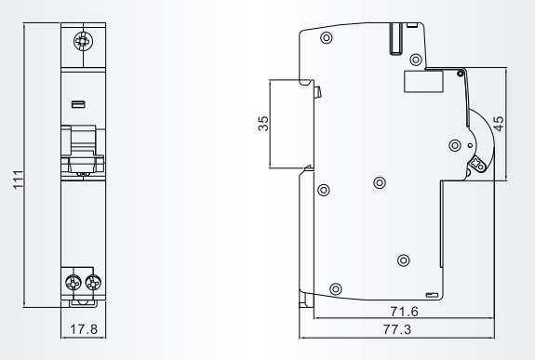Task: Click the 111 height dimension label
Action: [x=18, y=180]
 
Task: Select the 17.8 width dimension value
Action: [x=84, y=329]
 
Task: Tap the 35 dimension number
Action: [x=263, y=124]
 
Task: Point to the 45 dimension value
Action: [x=498, y=124]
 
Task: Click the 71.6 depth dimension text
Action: [x=404, y=312]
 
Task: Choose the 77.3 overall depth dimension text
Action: [x=396, y=329]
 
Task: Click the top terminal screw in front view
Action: [x=83, y=42]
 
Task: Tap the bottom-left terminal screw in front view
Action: [x=74, y=283]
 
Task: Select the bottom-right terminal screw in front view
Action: [x=93, y=283]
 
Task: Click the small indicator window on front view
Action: [x=78, y=104]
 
